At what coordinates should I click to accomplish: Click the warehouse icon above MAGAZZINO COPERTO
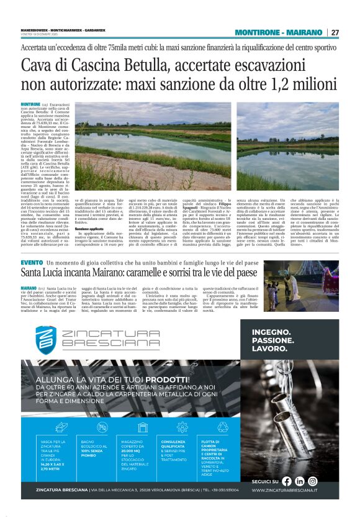141,427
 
